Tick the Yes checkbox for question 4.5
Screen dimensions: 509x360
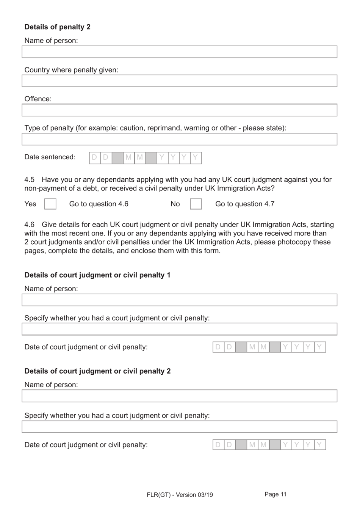[x=50, y=204]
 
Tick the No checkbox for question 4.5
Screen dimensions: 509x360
[x=196, y=204]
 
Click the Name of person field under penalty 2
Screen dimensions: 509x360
[x=179, y=52]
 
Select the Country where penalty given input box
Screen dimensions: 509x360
[x=179, y=81]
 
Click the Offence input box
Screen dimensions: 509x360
[x=179, y=110]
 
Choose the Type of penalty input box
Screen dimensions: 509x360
[x=179, y=139]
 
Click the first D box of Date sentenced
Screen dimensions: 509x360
[x=95, y=157]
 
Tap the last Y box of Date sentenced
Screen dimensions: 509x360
[x=196, y=157]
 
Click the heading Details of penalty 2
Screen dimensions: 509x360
[x=57, y=27]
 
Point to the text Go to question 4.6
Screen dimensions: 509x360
[x=99, y=204]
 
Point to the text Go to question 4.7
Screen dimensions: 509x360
[x=244, y=204]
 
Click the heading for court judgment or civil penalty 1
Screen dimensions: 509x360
[x=97, y=275]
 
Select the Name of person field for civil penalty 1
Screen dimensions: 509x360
[x=179, y=300]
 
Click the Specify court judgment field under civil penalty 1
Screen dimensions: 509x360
[x=179, y=329]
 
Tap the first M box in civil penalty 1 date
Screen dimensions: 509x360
[x=252, y=347]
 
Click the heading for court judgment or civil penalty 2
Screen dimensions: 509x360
[x=97, y=371]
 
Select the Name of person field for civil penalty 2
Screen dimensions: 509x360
[x=179, y=396]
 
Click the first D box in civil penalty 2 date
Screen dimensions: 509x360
[x=218, y=445]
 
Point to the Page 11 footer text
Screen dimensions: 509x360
[x=275, y=494]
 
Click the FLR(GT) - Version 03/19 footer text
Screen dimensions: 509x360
[x=180, y=495]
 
